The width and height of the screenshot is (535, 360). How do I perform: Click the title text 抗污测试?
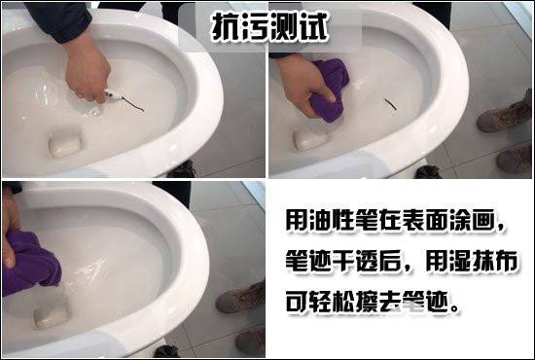click(269, 27)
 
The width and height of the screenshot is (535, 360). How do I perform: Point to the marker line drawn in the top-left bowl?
click(133, 104)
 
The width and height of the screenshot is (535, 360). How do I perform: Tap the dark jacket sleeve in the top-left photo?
click(58, 20)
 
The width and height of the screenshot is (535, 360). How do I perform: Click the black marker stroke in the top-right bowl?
click(390, 104)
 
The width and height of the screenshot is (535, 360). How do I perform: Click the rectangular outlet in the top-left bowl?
click(65, 144)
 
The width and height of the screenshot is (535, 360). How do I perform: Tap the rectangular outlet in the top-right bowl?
click(309, 140)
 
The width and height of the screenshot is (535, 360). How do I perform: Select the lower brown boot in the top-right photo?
click(515, 158)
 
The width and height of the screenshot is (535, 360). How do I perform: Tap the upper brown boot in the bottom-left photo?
click(240, 298)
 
